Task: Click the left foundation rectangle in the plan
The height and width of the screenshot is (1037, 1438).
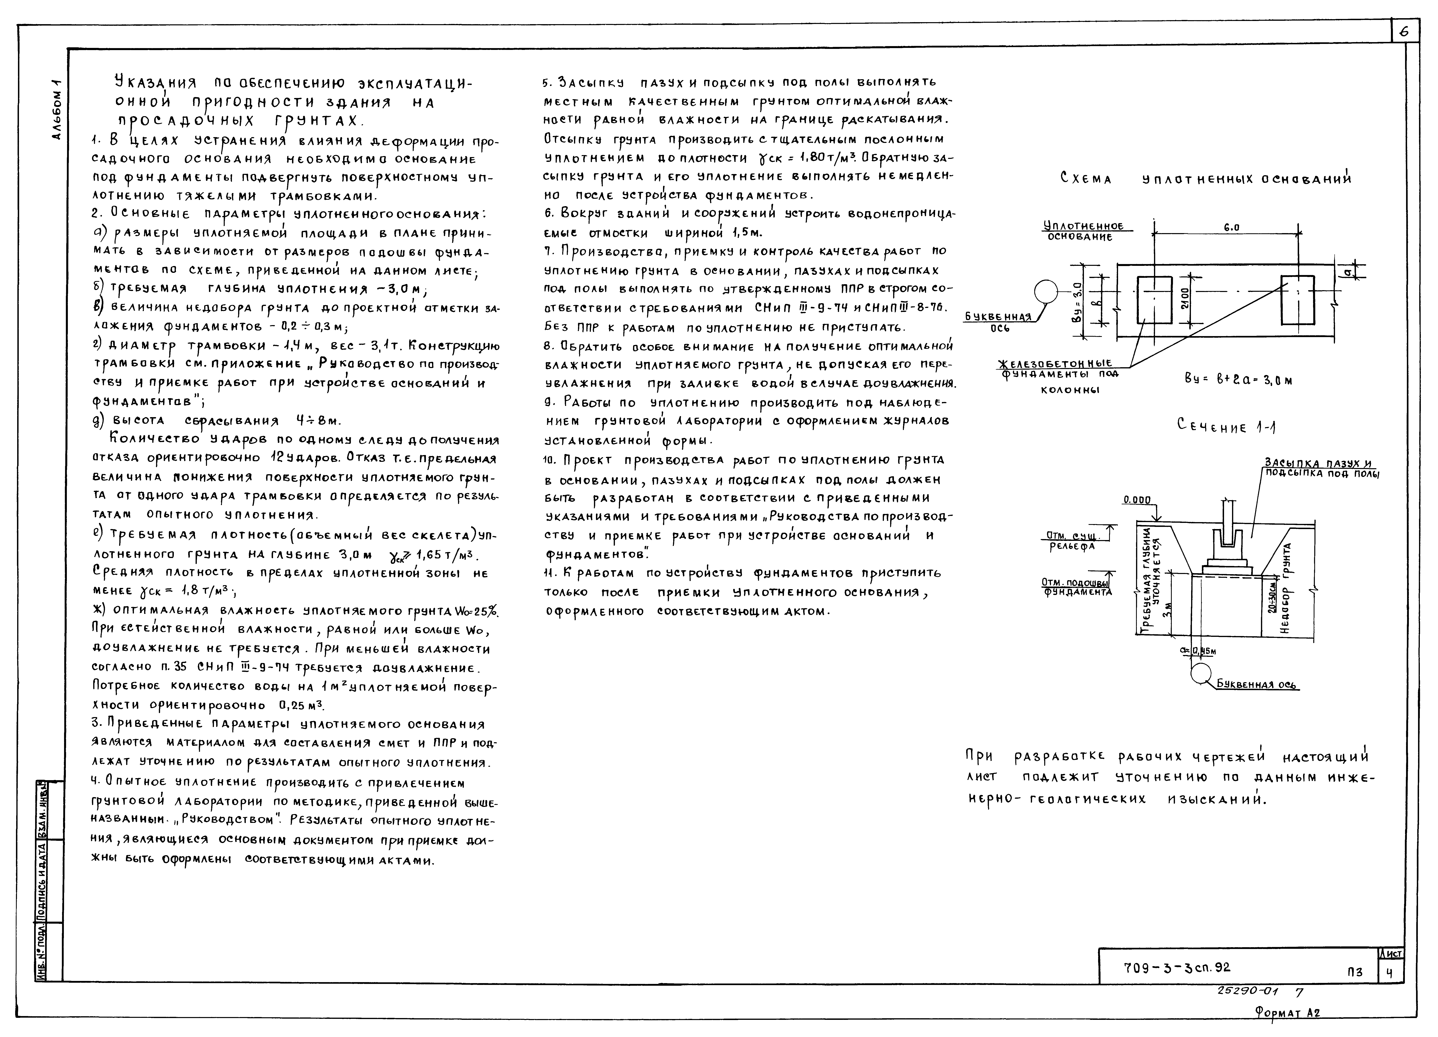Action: point(1155,300)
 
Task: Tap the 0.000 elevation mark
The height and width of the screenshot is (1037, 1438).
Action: point(1137,500)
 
